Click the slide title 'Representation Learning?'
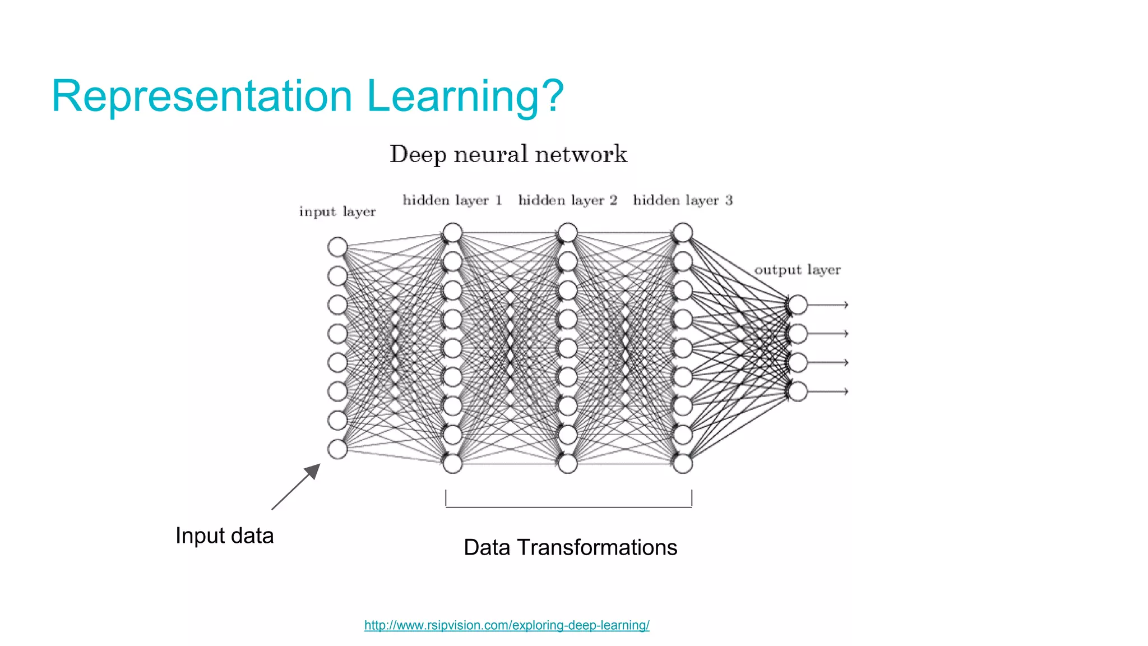coord(307,96)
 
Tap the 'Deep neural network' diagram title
coord(508,154)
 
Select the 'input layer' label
coord(337,212)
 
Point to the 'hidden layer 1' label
coord(452,200)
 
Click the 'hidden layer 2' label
coord(567,200)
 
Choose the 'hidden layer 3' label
coord(683,200)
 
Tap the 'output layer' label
coord(797,270)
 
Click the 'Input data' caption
coord(224,536)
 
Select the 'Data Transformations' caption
coord(570,547)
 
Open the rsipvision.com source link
coord(507,625)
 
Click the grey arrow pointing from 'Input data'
coord(296,486)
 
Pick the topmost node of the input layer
coord(337,247)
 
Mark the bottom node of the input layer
coord(337,449)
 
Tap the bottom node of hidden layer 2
coord(567,464)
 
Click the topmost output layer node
coord(798,304)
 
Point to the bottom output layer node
coord(798,391)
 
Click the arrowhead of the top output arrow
coord(846,304)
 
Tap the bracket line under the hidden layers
coord(568,507)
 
